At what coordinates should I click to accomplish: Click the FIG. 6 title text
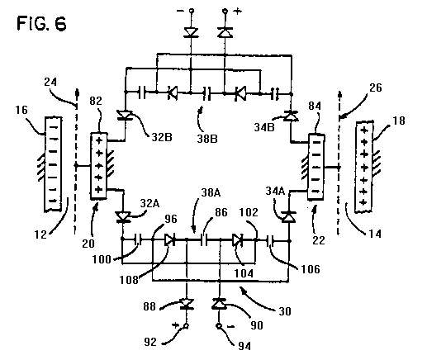[x=41, y=23]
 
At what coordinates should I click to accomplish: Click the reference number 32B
[x=162, y=137]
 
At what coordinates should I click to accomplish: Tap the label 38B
[x=207, y=139]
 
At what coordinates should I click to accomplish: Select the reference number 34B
[x=264, y=127]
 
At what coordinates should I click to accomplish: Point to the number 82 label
[x=96, y=101]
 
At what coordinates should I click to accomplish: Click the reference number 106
[x=311, y=269]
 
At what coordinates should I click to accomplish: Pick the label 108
[x=129, y=280]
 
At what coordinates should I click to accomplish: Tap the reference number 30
[x=285, y=311]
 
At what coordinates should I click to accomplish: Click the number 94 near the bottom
[x=244, y=346]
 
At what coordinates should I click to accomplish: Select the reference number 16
[x=21, y=110]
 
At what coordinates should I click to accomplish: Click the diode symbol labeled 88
[x=187, y=304]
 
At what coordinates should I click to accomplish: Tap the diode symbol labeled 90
[x=219, y=304]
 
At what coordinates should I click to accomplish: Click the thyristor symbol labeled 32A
[x=123, y=216]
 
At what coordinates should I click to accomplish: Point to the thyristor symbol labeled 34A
[x=288, y=217]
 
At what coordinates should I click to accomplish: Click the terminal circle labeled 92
[x=186, y=326]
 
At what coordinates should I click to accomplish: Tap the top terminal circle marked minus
[x=192, y=11]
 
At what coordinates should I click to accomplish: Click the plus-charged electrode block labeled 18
[x=364, y=167]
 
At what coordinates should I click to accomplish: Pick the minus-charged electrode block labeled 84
[x=316, y=167]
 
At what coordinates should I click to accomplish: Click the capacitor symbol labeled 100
[x=139, y=240]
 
